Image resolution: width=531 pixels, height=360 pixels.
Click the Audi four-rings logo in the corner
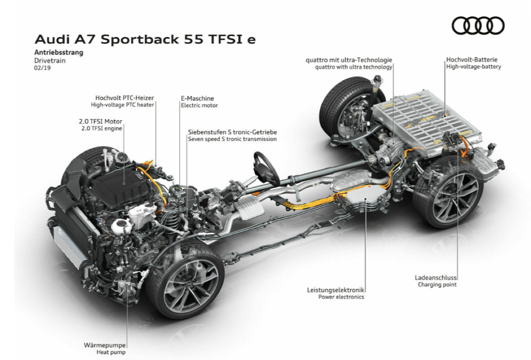coord(478,26)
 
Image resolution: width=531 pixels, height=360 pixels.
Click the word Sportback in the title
coord(140,39)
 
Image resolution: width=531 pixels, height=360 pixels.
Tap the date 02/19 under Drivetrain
coord(42,68)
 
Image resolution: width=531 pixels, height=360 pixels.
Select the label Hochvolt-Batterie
coord(472,60)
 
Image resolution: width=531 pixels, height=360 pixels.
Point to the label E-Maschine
coord(197,98)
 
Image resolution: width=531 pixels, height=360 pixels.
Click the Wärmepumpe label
coord(105,345)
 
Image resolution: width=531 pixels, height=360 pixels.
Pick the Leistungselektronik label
coord(336,290)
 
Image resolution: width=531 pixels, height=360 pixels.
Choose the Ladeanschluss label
coord(436,277)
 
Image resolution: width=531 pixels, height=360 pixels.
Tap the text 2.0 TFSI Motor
coord(100,122)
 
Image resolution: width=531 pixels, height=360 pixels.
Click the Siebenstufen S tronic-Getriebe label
coord(232,132)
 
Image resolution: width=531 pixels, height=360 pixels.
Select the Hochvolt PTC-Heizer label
coord(125,98)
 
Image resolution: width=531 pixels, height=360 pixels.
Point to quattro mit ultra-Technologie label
coord(349,60)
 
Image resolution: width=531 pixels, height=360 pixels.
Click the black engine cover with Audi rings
coord(120,187)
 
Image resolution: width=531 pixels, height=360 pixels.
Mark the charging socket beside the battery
coord(453,138)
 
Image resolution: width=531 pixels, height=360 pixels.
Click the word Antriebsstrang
coord(59,52)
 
